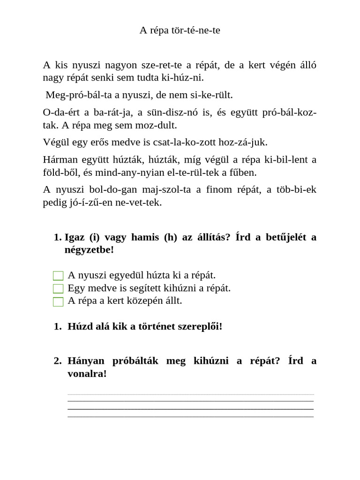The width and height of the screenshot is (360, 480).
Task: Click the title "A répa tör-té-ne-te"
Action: pyautogui.click(x=180, y=30)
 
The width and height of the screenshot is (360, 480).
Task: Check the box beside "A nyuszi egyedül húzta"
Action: pyautogui.click(x=58, y=276)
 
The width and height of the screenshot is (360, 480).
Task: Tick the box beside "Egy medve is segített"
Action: pyautogui.click(x=58, y=288)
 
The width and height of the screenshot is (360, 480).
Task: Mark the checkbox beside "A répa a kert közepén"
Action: pyautogui.click(x=58, y=301)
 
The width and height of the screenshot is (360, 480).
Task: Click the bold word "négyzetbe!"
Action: pyautogui.click(x=89, y=250)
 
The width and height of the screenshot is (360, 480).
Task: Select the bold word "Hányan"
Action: pyautogui.click(x=86, y=361)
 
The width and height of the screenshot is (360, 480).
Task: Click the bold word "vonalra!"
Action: pyautogui.click(x=87, y=374)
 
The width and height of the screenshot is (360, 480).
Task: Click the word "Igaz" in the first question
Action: pyautogui.click(x=75, y=237)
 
